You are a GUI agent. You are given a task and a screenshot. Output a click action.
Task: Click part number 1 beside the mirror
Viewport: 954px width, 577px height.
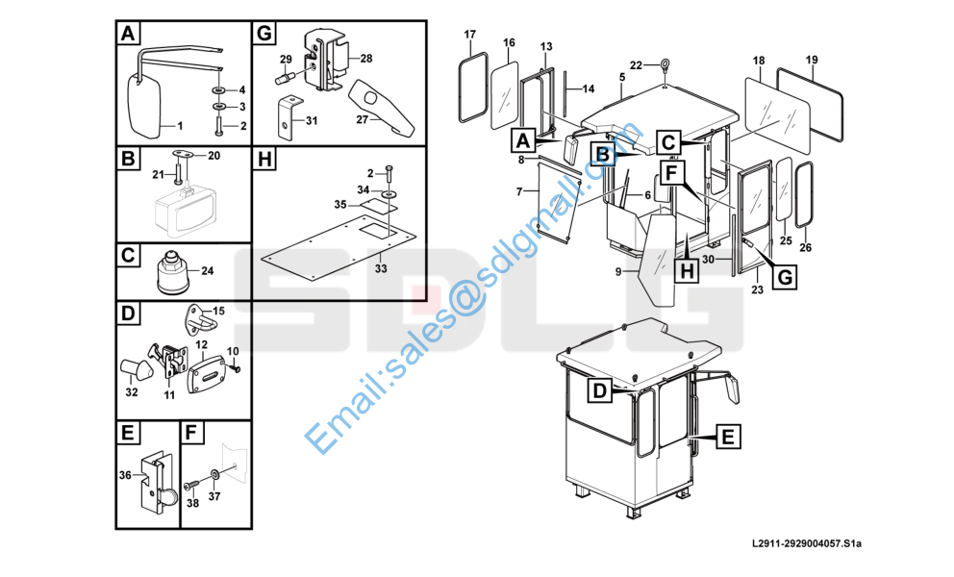click(176, 125)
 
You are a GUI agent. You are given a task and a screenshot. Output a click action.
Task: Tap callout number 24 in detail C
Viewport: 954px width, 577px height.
click(208, 271)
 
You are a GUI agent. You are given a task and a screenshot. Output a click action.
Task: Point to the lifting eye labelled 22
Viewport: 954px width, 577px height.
click(663, 66)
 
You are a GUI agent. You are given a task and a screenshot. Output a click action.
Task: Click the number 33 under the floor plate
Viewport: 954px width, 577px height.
click(381, 268)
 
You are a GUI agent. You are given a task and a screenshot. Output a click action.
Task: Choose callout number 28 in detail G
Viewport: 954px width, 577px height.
click(366, 59)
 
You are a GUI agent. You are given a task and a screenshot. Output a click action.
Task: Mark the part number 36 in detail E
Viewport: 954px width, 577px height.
click(125, 475)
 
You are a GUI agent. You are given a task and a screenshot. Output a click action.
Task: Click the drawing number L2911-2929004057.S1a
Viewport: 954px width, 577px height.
click(808, 545)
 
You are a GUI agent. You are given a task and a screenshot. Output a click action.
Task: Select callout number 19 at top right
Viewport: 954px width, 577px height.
click(812, 61)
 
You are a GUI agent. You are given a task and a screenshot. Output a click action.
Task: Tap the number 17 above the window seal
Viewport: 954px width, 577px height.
click(470, 36)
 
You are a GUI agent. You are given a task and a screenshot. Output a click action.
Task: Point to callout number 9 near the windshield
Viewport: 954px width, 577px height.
click(618, 272)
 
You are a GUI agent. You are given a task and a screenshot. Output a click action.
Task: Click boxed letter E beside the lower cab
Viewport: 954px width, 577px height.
click(729, 438)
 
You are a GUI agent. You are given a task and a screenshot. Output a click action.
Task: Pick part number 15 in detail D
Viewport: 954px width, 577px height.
click(218, 311)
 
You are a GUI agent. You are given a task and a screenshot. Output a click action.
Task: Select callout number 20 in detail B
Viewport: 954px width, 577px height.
click(213, 155)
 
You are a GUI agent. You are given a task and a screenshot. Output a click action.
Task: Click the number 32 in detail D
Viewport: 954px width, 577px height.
click(132, 391)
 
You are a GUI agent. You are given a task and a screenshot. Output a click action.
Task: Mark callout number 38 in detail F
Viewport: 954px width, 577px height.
click(192, 503)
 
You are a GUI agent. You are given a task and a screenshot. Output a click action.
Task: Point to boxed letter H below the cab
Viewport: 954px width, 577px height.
click(686, 272)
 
